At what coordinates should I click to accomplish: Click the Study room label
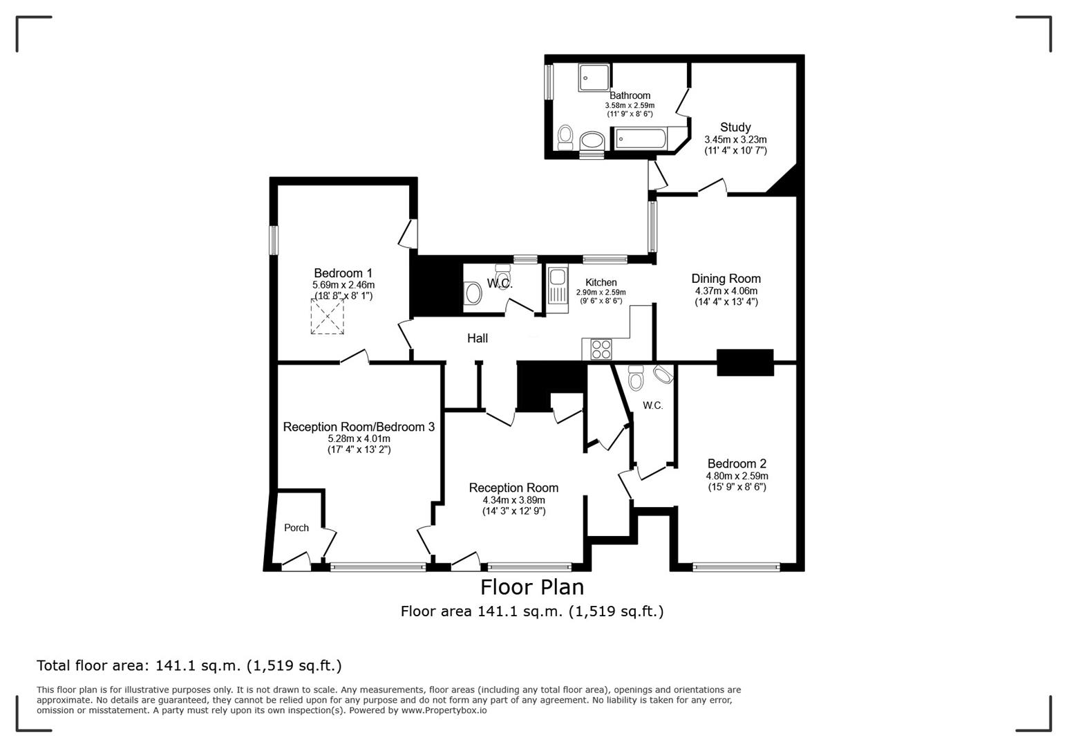click(x=735, y=127)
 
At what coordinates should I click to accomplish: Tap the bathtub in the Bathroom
click(x=641, y=140)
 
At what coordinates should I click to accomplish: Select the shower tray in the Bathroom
click(x=592, y=77)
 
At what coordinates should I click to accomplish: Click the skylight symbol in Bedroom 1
click(x=327, y=317)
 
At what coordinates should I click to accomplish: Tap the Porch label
click(x=296, y=528)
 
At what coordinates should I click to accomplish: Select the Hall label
click(x=478, y=338)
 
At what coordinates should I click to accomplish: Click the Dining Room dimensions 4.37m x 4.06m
click(x=726, y=291)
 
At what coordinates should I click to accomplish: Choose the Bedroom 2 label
click(x=737, y=464)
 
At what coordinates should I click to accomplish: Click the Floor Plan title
click(x=532, y=587)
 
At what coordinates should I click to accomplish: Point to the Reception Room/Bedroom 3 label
click(x=359, y=427)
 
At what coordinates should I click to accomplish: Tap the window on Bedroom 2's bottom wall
click(x=736, y=568)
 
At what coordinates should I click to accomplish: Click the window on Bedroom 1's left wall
click(x=274, y=241)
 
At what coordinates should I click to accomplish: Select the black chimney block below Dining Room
click(x=744, y=362)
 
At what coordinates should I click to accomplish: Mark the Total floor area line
click(x=189, y=665)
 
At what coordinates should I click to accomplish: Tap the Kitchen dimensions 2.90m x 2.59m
click(x=601, y=293)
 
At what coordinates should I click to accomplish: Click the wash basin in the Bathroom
click(x=592, y=141)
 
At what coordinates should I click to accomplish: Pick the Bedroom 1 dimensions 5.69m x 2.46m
click(x=343, y=285)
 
